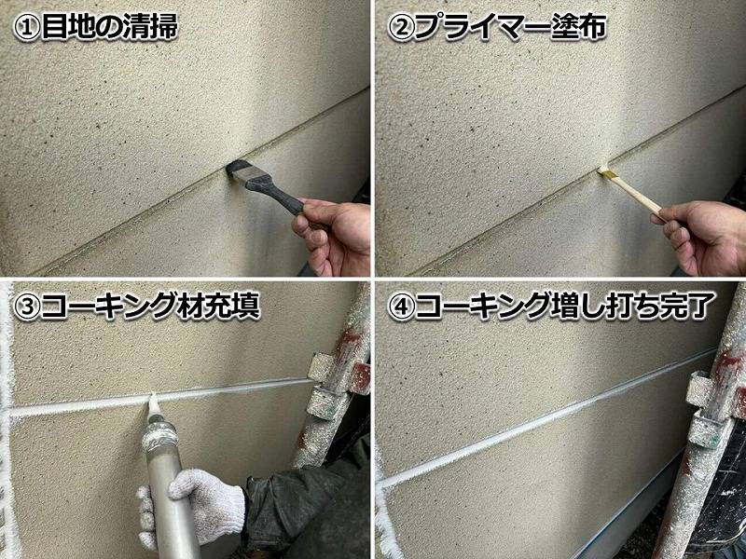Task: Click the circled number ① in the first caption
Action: click(x=27, y=28)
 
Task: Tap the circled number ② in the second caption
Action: click(x=401, y=28)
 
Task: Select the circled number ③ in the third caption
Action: click(x=27, y=307)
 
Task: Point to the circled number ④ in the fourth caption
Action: click(x=401, y=307)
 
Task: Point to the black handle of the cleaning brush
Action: click(x=278, y=196)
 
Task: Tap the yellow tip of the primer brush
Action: click(x=605, y=171)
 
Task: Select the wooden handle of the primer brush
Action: click(x=635, y=194)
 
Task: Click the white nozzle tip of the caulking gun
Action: click(x=153, y=406)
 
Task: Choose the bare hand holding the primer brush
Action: click(x=704, y=238)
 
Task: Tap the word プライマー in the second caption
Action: click(x=479, y=27)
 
